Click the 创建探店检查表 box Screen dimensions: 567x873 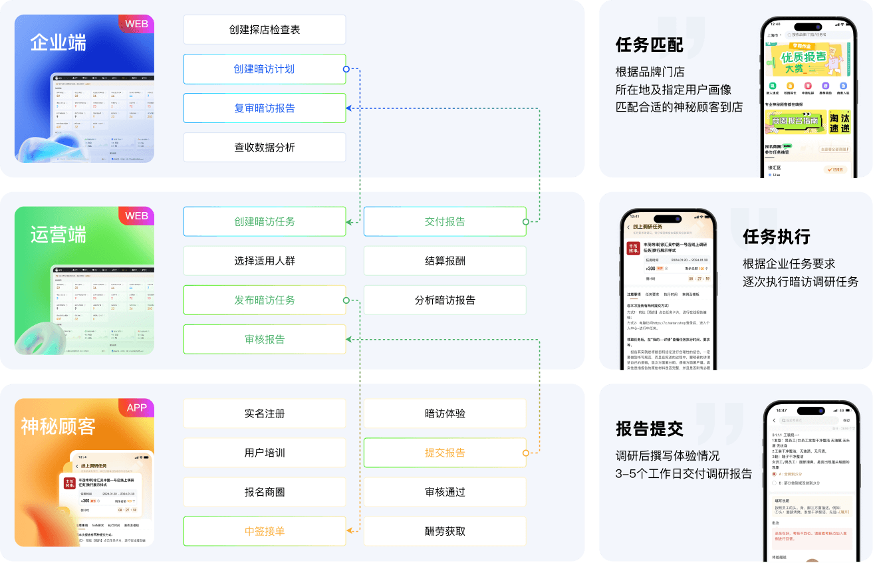265,30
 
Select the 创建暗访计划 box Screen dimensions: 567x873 265,69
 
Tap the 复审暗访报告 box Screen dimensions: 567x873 265,108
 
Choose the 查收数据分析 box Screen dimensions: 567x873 265,148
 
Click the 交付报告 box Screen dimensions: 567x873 445,221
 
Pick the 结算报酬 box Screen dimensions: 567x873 445,261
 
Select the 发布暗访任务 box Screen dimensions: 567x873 265,300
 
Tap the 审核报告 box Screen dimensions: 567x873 265,339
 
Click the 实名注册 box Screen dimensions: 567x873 265,413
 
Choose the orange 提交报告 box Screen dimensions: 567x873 445,453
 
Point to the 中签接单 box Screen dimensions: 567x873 265,531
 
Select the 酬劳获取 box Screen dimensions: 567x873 445,531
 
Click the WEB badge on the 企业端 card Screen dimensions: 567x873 137,24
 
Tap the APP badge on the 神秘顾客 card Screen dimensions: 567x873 137,407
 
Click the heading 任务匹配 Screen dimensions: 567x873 649,45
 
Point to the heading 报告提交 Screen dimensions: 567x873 649,429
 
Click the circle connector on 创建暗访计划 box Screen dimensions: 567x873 346,69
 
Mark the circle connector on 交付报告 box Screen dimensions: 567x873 526,221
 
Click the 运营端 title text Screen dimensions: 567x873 59,235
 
